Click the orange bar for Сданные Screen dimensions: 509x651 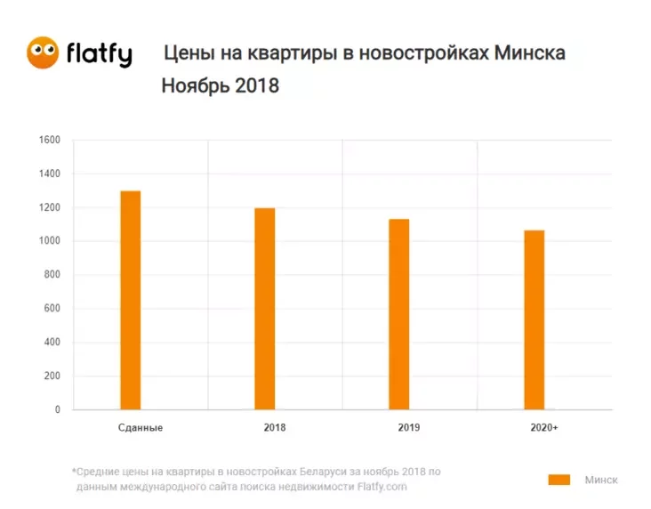[x=130, y=300]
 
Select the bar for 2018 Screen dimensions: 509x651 [x=265, y=309]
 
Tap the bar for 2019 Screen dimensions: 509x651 [x=399, y=314]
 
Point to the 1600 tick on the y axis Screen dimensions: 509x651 [x=49, y=141]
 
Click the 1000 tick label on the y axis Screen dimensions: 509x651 [x=49, y=241]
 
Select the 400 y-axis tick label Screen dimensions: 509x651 [x=52, y=343]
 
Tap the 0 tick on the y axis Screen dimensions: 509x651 [x=57, y=410]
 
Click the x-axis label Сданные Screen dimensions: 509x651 [x=140, y=428]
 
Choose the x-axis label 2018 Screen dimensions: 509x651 [x=275, y=428]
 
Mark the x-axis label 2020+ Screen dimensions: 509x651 [x=544, y=428]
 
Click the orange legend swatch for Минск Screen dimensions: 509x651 [x=559, y=480]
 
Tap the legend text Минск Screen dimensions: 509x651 [x=600, y=480]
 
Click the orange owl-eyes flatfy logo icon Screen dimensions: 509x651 [x=43, y=53]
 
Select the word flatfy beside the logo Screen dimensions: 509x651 [x=99, y=54]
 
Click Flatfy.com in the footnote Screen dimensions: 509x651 [x=382, y=487]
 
